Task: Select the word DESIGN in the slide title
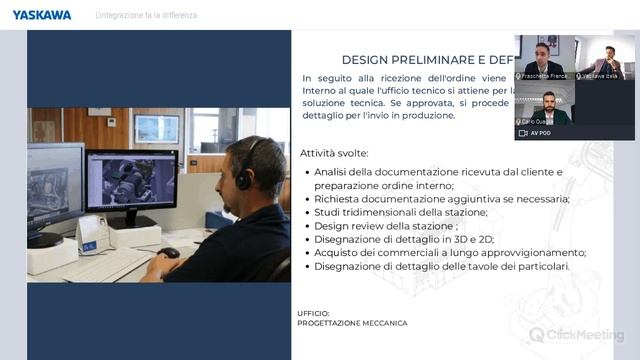[x=364, y=59]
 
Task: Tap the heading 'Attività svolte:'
[x=334, y=153]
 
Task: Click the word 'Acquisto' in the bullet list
[x=338, y=253]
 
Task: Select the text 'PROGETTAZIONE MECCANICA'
[x=352, y=323]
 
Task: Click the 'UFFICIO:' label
[x=313, y=313]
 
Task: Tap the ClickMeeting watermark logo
[x=576, y=335]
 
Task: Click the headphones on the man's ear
[x=243, y=176]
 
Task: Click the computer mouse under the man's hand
[x=169, y=253]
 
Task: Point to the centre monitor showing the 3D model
[x=131, y=182]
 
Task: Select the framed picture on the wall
[x=157, y=127]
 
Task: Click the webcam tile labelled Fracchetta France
[x=544, y=58]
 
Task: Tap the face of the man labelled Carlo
[x=549, y=101]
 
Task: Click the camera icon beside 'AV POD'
[x=522, y=132]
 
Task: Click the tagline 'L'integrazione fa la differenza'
[x=146, y=15]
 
